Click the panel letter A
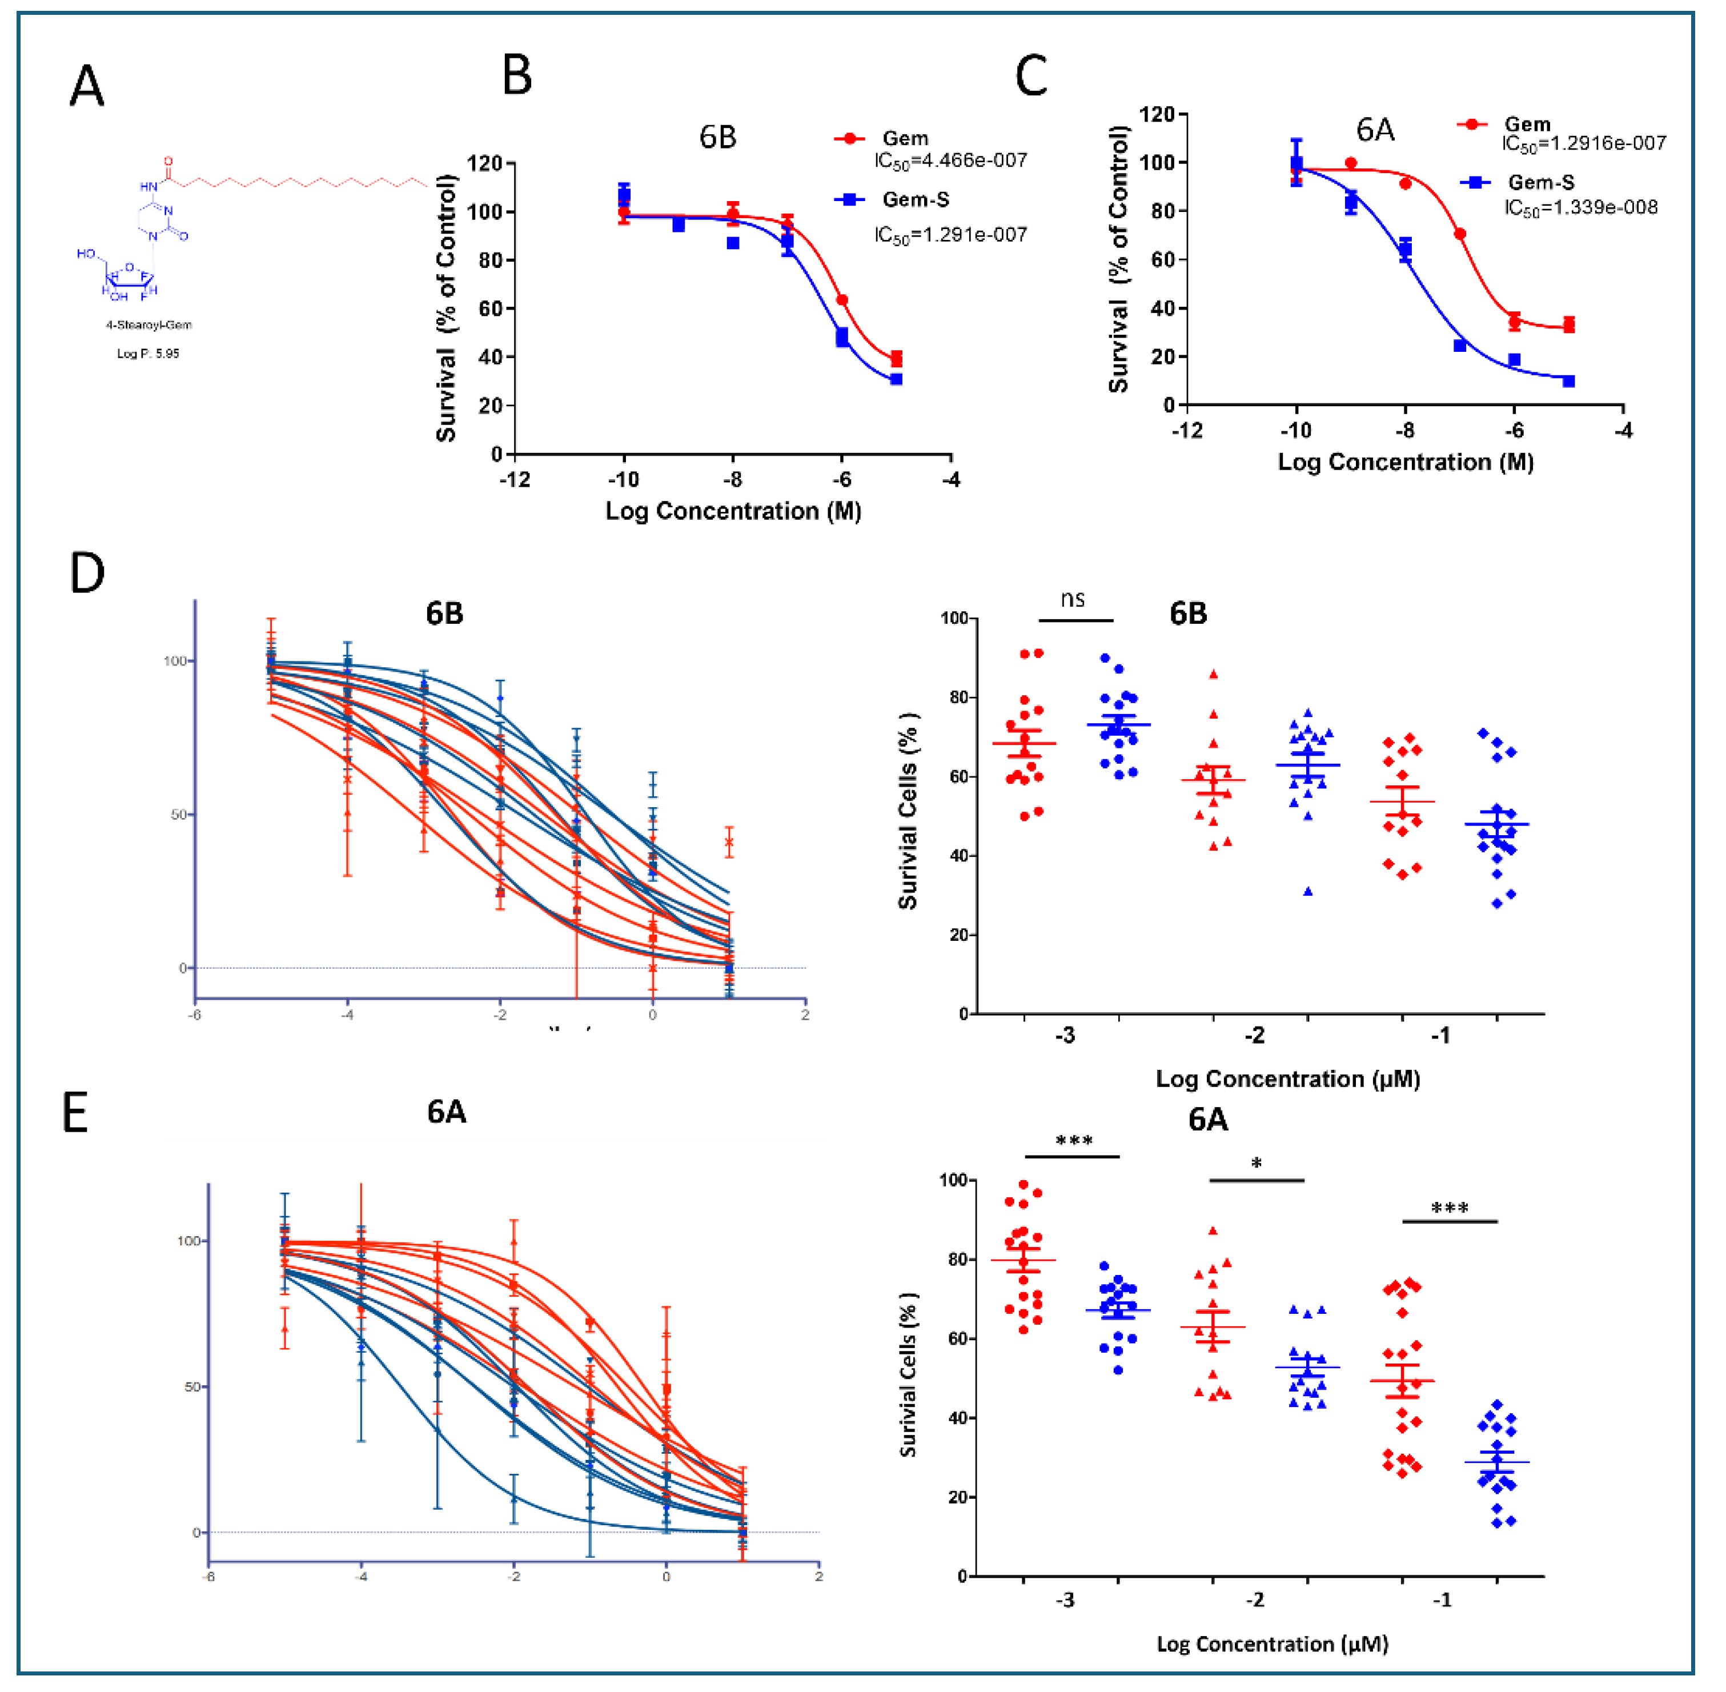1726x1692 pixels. pos(87,87)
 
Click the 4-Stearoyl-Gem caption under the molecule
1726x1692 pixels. pos(148,325)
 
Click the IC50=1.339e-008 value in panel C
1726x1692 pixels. pos(1580,208)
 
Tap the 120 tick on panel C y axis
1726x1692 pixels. pos(1157,114)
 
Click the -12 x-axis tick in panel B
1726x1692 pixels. pos(515,480)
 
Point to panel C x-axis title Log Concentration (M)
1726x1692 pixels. pos(1406,462)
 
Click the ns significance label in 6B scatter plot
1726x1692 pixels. pos(1072,599)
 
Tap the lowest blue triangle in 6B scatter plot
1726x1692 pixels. pos(1307,891)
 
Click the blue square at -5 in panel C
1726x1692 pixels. pos(1569,381)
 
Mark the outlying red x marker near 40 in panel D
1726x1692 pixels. pos(729,841)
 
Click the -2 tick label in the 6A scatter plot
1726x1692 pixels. pos(1254,1599)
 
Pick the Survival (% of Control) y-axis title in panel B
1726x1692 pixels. pos(446,307)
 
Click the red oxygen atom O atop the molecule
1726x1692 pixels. pos(169,163)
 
